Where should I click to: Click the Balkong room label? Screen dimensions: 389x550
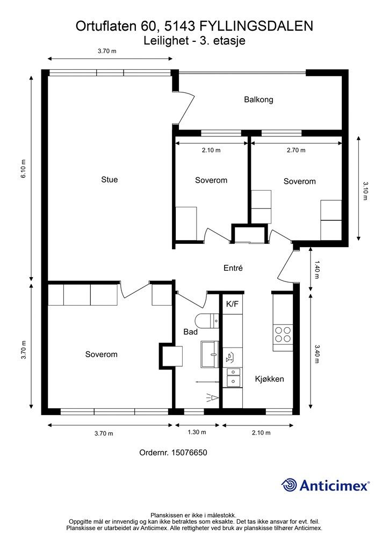click(258, 99)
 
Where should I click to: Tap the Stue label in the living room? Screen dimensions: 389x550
click(110, 179)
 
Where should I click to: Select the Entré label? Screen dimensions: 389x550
click(233, 268)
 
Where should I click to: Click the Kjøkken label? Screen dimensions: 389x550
click(269, 379)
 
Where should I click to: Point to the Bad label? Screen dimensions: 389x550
click(190, 332)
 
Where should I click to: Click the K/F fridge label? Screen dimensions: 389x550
click(232, 304)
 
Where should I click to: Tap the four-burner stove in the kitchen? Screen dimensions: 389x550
click(283, 334)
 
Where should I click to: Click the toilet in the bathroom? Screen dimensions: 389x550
click(207, 320)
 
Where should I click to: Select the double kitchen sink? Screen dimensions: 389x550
click(233, 377)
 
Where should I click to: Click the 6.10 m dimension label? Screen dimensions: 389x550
click(24, 169)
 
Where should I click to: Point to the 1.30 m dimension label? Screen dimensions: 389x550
click(197, 432)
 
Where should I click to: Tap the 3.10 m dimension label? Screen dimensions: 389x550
click(365, 191)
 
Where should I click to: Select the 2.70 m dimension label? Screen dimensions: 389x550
click(296, 150)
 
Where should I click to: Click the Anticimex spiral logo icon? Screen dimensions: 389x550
click(289, 485)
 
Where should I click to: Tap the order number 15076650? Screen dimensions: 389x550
click(189, 452)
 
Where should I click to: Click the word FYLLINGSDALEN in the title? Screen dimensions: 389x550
click(256, 26)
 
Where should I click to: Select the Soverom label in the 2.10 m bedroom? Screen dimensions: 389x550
click(211, 180)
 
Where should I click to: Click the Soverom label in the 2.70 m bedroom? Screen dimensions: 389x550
click(300, 182)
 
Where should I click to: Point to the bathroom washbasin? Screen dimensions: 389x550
click(210, 354)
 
